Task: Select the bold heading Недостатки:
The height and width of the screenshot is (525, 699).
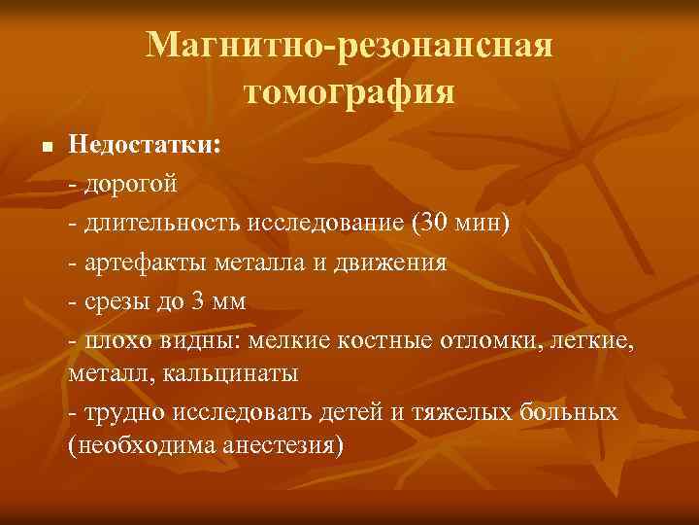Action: [x=146, y=146]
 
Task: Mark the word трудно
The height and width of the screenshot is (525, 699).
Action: [x=125, y=413]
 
